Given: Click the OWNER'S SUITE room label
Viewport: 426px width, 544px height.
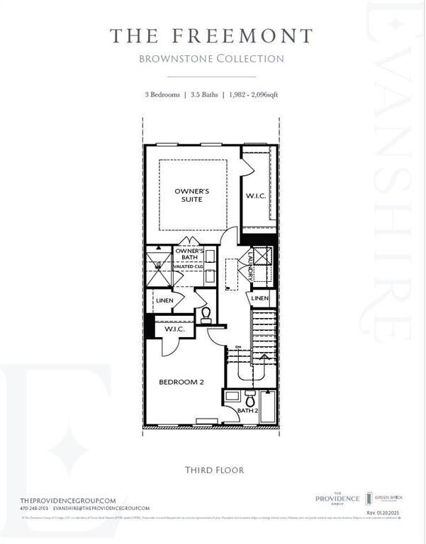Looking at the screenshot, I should pos(193,195).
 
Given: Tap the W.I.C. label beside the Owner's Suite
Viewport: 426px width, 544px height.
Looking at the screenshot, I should pos(256,196).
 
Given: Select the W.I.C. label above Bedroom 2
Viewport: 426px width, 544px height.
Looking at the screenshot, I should pos(174,329).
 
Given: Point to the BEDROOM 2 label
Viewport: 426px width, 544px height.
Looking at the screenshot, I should pos(181,382).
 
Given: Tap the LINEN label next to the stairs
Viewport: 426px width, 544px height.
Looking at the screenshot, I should pos(260,299).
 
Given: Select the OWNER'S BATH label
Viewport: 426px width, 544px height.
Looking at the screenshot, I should pos(189,255).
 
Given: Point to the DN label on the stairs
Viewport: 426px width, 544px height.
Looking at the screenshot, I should pos(239,346).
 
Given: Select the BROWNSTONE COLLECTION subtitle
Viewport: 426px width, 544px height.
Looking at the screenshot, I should pos(212,59).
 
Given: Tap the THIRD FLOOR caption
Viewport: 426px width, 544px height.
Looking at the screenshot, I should pos(213,470).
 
